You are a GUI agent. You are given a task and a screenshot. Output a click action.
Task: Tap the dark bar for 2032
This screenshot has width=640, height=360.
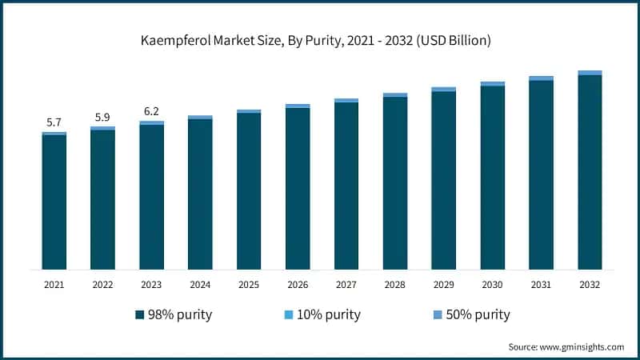tap(590, 172)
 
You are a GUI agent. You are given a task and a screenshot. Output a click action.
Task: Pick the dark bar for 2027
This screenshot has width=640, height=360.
tap(346, 186)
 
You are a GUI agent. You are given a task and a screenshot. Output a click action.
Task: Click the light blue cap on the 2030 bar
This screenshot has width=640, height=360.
tap(493, 83)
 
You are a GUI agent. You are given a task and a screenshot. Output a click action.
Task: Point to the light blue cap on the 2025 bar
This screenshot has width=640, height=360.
tap(249, 111)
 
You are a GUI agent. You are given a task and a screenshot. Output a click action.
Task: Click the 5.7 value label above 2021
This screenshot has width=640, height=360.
tap(54, 122)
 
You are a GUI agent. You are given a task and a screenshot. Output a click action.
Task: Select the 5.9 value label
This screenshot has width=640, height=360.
tap(102, 117)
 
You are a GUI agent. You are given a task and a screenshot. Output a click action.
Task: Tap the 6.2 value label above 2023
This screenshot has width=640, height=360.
tap(151, 111)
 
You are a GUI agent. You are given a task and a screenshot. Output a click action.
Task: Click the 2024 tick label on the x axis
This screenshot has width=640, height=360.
tap(200, 284)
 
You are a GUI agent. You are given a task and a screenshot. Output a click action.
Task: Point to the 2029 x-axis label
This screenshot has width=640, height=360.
tap(444, 284)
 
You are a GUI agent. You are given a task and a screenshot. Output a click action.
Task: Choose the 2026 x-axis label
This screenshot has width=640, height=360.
tap(298, 284)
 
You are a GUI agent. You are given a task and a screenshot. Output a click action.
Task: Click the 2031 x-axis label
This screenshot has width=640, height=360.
tap(542, 284)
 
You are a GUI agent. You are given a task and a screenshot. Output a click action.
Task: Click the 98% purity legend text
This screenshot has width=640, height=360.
tap(180, 314)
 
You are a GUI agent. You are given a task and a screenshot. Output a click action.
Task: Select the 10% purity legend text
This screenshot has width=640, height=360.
tap(329, 314)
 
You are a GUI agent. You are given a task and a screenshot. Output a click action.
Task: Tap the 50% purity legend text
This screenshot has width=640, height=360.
tap(478, 314)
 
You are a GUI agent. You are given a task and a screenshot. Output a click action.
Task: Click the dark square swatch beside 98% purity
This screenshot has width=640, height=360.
tap(141, 314)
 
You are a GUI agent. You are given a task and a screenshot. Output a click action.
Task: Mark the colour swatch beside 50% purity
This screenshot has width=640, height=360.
tap(438, 314)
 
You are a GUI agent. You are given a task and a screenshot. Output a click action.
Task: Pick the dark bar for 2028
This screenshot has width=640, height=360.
tap(395, 183)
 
